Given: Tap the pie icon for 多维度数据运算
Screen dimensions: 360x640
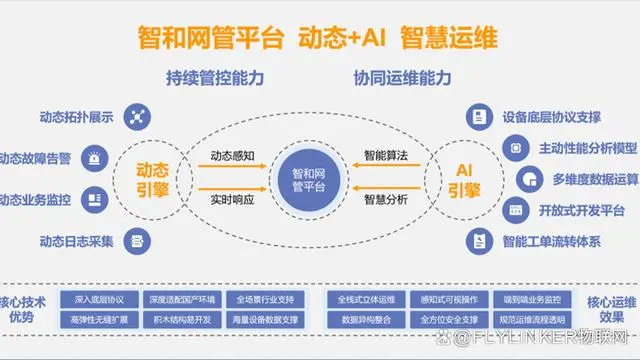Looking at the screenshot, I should [527, 178].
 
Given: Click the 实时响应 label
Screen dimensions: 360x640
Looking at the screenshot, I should [235, 200].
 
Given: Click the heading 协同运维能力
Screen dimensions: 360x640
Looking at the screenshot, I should [401, 78].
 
